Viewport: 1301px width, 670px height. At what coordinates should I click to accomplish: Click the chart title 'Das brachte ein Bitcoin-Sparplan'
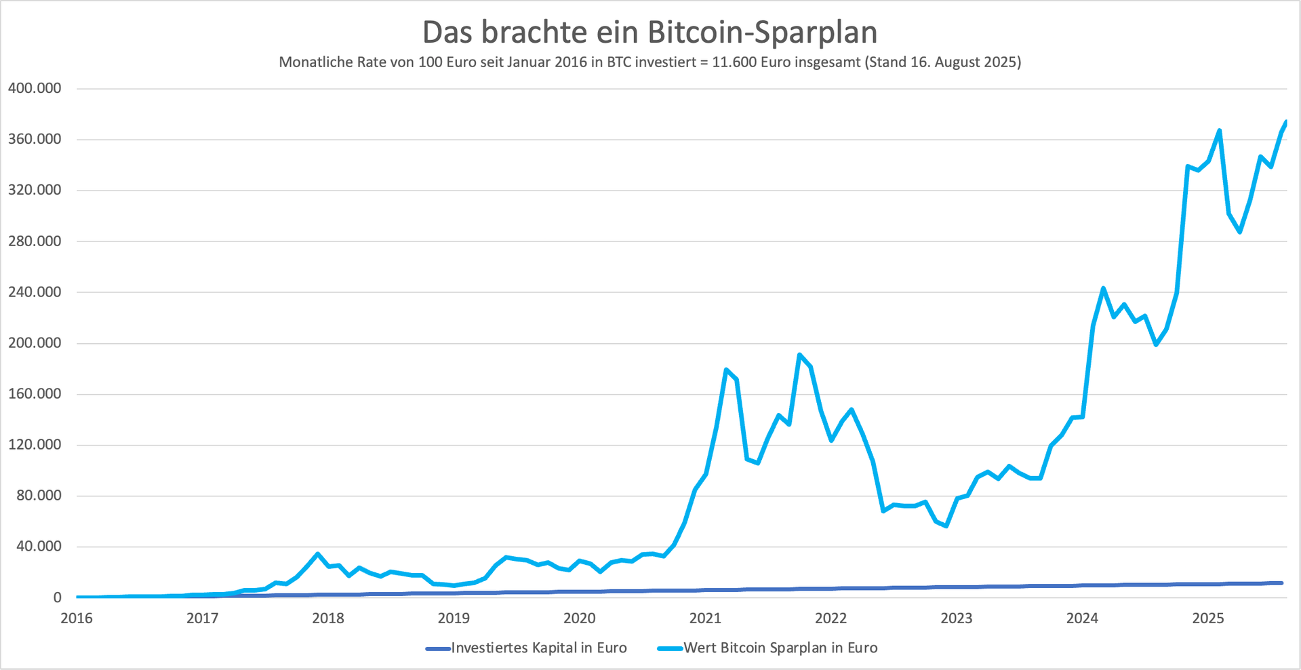[649, 32]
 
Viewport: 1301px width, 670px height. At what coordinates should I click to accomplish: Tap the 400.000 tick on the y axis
[35, 88]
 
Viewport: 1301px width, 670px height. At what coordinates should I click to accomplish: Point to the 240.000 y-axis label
[35, 292]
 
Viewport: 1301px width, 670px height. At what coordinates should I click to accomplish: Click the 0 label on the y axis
[57, 597]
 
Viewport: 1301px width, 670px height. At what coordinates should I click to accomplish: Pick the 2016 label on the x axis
[77, 618]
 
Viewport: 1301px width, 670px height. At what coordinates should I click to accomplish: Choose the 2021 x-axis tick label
[705, 618]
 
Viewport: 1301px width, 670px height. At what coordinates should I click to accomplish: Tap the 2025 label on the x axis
[1208, 618]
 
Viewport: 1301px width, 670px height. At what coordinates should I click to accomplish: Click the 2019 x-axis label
[454, 618]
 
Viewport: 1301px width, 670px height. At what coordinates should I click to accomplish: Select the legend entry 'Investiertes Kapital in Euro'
[538, 648]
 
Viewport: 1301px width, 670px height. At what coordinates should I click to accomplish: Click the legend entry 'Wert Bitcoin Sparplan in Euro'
[780, 648]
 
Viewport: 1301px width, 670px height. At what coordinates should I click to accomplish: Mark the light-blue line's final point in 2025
[1285, 122]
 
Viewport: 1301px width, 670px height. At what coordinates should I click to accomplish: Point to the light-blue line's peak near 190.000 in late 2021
[800, 355]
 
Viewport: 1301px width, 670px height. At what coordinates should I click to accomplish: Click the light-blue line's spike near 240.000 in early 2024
[1103, 288]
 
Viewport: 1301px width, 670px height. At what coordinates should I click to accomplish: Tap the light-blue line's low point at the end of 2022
[946, 526]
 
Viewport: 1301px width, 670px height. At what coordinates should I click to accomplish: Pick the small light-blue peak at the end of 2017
[317, 554]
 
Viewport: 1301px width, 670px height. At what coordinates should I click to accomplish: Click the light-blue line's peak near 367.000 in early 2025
[1219, 131]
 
